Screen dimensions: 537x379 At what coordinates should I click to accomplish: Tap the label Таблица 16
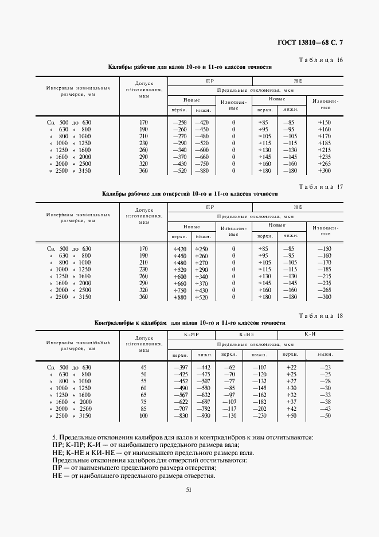click(321, 60)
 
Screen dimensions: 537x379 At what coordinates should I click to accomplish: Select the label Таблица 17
click(321, 186)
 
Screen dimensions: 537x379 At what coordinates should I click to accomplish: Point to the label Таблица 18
click(321, 316)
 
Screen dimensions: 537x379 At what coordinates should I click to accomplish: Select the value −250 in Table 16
click(180, 123)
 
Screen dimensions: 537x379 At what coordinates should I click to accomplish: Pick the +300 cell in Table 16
click(325, 171)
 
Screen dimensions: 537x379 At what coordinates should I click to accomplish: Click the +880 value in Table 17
click(180, 297)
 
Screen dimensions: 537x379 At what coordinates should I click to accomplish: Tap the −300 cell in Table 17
click(325, 297)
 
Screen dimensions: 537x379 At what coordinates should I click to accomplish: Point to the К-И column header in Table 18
click(309, 334)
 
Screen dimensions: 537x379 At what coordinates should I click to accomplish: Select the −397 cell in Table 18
click(180, 367)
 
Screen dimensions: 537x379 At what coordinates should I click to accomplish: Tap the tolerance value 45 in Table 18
click(143, 367)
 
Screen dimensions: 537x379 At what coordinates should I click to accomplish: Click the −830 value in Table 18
click(180, 415)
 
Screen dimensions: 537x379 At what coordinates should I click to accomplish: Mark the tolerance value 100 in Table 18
click(143, 415)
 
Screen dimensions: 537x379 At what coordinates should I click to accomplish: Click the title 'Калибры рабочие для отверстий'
click(190, 194)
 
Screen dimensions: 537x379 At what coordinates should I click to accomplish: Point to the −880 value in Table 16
click(201, 171)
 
